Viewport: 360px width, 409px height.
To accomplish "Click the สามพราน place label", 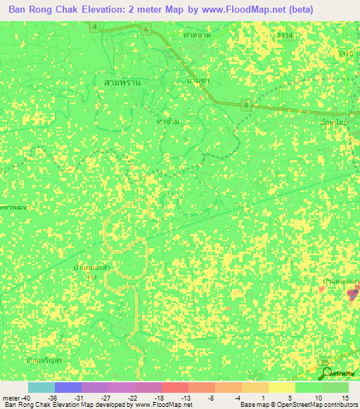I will (x=122, y=82).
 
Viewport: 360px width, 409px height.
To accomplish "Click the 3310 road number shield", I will (x=345, y=53).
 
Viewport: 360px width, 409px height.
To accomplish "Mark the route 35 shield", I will (x=325, y=363).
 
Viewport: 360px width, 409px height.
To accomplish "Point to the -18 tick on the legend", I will (x=160, y=396).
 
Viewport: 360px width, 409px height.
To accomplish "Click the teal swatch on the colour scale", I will (x=41, y=387).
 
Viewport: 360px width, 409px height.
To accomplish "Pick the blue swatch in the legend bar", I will (x=68, y=387).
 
